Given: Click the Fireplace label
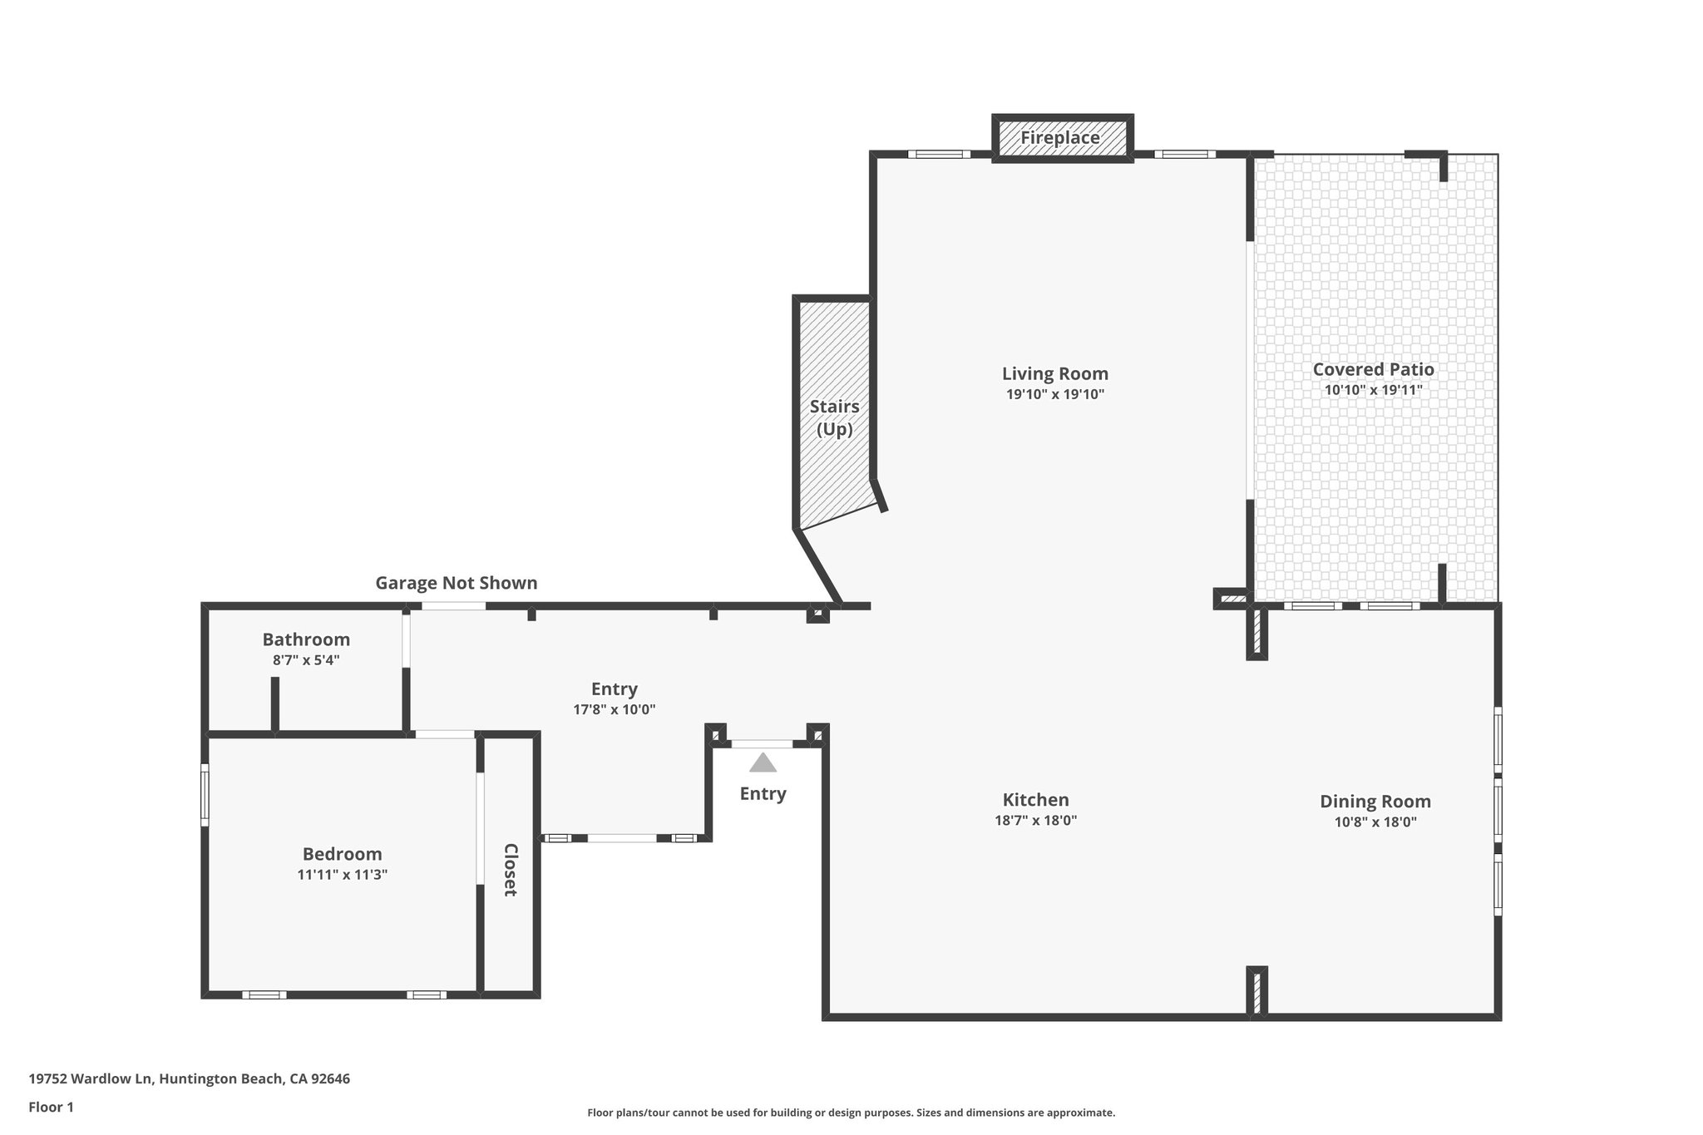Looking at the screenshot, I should pos(1060,138).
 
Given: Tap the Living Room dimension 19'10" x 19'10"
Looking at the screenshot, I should pos(1054,395).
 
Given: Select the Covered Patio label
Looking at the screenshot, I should pos(1373,369).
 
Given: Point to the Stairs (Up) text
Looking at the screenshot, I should pos(834,417).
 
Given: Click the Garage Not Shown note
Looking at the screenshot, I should pos(456,583).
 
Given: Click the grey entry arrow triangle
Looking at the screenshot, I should pos(763,763).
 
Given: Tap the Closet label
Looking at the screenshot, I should pos(511,870).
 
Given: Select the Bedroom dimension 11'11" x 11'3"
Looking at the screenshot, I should pos(342,875).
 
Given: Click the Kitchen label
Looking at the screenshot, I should pos(1035,800).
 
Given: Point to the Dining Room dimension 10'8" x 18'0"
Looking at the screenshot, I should pos(1375,822).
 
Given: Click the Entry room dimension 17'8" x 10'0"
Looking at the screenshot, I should pos(614,710).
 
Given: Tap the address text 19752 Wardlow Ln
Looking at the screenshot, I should pos(91,1079).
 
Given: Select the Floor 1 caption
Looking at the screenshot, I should pos(51,1107).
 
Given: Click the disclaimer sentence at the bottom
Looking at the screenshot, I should pos(851,1113).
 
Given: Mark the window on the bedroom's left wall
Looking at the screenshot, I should pos(205,795).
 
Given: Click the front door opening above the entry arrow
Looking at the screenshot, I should pos(762,744).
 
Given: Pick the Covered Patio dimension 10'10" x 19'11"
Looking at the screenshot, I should pos(1373,390).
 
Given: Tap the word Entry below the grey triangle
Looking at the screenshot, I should pos(763,793).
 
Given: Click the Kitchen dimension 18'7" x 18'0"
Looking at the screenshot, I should pos(1035,821).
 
